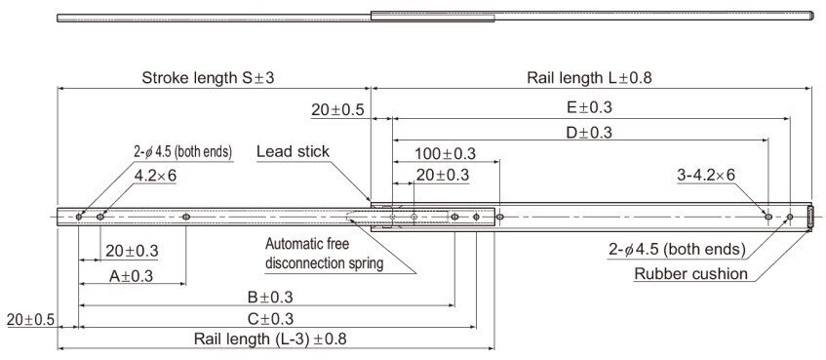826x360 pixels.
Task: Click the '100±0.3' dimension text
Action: click(445, 154)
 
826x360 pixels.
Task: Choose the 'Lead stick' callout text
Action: click(293, 151)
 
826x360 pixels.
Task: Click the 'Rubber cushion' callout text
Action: click(691, 273)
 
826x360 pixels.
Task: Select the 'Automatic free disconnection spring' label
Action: click(324, 253)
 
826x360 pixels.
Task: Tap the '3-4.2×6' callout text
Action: click(706, 175)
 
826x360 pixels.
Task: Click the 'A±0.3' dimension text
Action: click(132, 276)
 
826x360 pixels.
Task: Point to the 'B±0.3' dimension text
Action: click(264, 297)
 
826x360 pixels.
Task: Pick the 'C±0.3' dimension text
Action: click(264, 318)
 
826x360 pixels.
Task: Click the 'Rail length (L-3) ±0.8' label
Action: click(270, 340)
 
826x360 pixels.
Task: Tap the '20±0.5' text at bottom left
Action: click(30, 319)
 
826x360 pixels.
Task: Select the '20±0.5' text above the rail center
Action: click(337, 110)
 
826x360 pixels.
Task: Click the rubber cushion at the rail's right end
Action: click(811, 216)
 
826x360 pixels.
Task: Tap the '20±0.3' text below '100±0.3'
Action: click(443, 176)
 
